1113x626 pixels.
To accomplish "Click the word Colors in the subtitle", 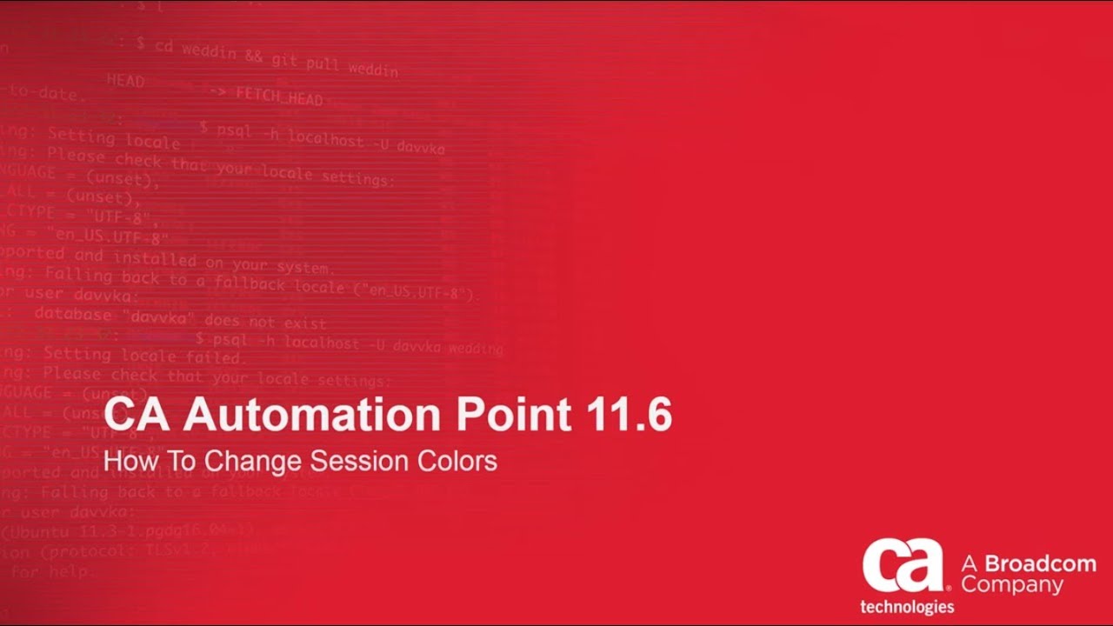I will click(x=458, y=460).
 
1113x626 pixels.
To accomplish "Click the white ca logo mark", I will click(x=903, y=565).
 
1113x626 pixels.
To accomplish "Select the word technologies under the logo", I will click(x=907, y=606).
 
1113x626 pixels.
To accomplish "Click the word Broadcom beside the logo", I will click(x=1040, y=563).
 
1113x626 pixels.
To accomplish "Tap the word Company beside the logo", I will click(x=1012, y=585).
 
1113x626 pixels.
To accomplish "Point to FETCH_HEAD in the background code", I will click(x=278, y=96).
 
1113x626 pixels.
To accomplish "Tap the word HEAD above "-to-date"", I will click(x=125, y=81).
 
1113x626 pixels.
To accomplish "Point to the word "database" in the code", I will click(x=73, y=315).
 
